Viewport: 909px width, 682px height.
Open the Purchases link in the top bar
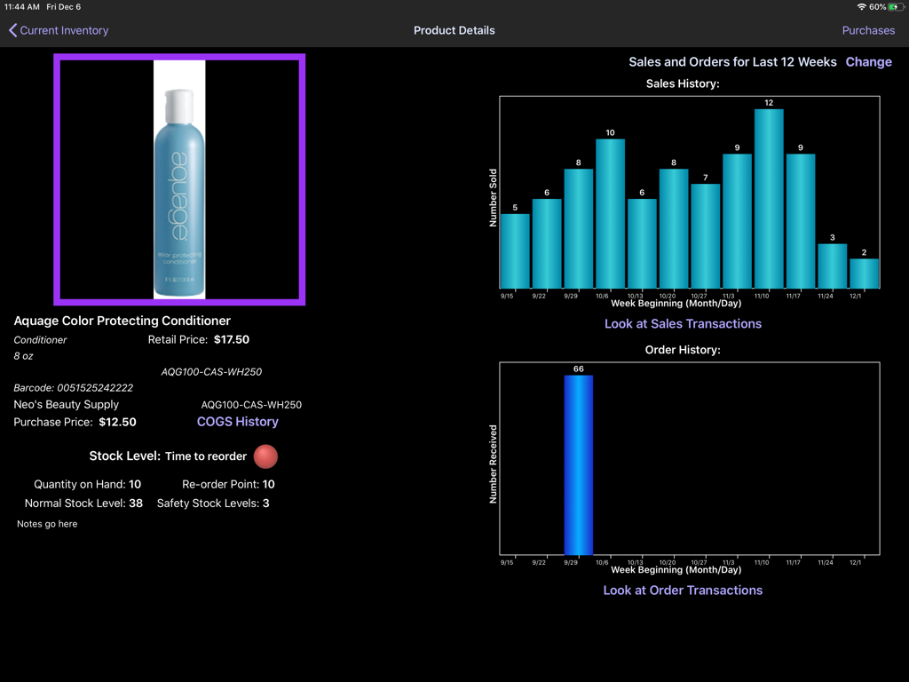coord(867,30)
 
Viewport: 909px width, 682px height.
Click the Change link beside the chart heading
coord(868,62)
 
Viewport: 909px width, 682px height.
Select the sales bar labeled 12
coord(769,199)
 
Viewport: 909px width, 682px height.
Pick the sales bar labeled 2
coord(864,274)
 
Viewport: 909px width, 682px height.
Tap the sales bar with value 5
coord(515,251)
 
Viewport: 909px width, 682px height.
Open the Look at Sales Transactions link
coord(683,324)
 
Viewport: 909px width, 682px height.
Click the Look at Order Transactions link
coord(683,591)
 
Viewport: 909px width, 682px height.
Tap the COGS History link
coord(237,422)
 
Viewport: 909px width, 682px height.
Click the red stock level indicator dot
coord(265,456)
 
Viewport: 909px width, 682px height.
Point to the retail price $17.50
coord(232,339)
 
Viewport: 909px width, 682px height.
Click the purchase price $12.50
coord(117,422)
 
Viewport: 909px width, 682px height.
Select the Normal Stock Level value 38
coord(136,504)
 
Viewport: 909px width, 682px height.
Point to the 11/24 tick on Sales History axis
coord(825,296)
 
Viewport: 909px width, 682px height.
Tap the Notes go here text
coord(47,524)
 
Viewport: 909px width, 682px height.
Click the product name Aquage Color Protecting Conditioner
coord(123,321)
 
